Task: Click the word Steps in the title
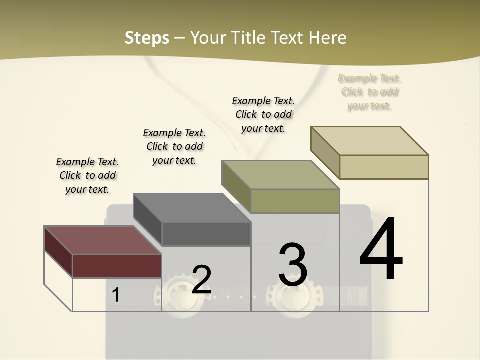[147, 38]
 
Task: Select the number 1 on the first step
[115, 295]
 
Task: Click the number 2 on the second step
[201, 280]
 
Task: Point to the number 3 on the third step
[293, 265]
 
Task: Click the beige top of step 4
[370, 141]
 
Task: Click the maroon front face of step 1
[117, 266]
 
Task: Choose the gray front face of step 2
[206, 234]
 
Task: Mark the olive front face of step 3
[295, 201]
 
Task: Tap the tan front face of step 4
[384, 167]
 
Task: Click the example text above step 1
[87, 175]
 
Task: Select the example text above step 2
[174, 146]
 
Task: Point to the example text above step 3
[263, 114]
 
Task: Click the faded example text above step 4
[370, 92]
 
